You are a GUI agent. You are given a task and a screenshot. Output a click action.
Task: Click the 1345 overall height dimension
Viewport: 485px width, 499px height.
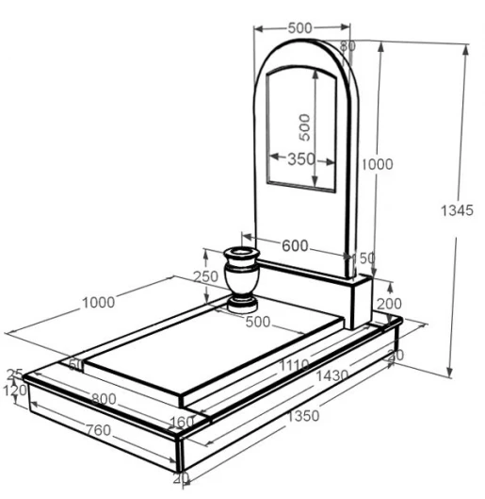[x=457, y=210]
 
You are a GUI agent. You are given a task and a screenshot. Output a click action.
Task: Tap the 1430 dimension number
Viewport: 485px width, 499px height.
[x=331, y=375]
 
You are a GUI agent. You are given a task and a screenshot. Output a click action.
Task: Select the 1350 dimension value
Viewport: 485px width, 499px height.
[x=302, y=416]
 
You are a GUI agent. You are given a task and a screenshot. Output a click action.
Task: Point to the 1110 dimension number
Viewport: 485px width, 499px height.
[x=294, y=365]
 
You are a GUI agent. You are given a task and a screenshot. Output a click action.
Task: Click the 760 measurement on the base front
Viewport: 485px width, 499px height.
[x=99, y=430]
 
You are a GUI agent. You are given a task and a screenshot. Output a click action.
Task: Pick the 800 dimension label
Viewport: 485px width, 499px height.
[x=104, y=399]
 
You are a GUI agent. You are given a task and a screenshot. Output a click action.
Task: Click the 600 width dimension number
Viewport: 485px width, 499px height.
[x=295, y=245]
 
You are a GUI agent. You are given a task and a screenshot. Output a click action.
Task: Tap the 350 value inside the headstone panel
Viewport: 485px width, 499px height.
[x=301, y=158]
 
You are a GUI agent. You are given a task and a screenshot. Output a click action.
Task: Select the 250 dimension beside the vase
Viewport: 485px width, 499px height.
[x=206, y=276]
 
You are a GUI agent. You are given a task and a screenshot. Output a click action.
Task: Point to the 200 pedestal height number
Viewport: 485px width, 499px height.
[x=389, y=304]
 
